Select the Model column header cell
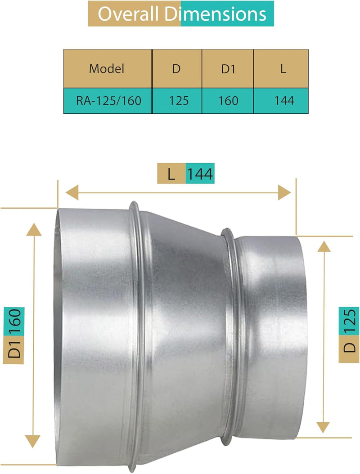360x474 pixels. tap(107, 69)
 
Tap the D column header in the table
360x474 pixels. tap(177, 69)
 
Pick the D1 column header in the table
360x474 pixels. tap(228, 69)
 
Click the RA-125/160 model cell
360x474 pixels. tap(108, 100)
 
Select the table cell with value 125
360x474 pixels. tap(178, 100)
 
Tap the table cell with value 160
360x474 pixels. tap(229, 100)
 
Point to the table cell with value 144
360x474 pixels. tap(284, 100)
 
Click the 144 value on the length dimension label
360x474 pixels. tap(200, 174)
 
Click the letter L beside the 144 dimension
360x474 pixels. tap(171, 174)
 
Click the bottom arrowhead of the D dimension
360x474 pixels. tap(323, 427)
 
